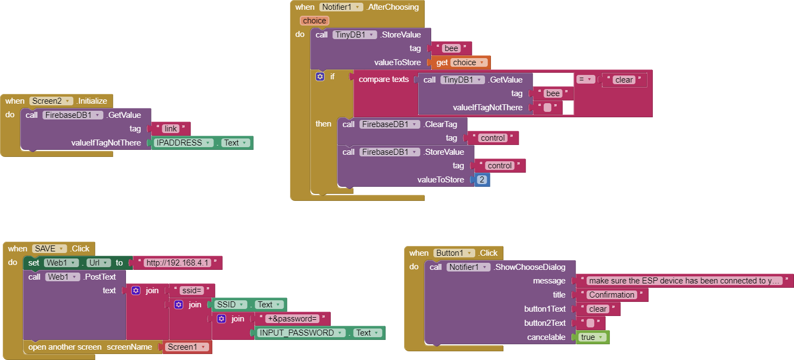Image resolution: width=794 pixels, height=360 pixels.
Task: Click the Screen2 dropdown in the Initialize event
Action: click(51, 101)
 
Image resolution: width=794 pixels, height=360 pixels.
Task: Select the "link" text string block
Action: click(171, 129)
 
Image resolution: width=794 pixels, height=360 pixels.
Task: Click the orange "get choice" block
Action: click(461, 62)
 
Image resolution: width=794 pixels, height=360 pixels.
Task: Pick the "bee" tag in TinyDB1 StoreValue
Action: click(451, 48)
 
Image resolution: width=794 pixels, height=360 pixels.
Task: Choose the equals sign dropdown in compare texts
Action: click(585, 79)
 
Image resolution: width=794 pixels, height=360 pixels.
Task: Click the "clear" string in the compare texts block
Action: click(623, 80)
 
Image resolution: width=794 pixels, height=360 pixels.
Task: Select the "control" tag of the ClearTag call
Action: click(493, 138)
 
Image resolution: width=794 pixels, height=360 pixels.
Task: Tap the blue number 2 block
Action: click(482, 180)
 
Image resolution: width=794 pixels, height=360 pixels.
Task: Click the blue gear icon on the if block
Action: click(320, 77)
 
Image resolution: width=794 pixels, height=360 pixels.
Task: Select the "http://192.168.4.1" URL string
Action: click(179, 263)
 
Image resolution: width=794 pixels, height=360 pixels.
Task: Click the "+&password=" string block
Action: click(292, 319)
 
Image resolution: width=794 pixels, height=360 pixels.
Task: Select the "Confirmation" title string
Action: click(612, 295)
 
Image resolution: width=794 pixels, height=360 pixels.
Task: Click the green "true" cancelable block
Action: click(591, 337)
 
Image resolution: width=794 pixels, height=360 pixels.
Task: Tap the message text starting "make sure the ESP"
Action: click(684, 281)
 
